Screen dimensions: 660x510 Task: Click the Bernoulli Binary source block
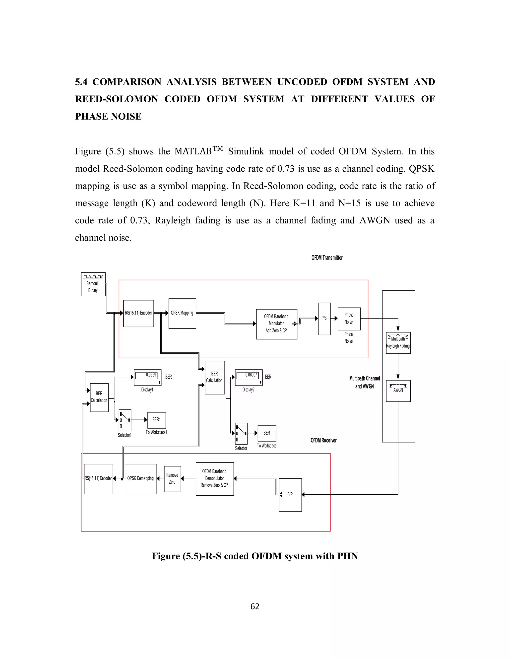(x=93, y=284)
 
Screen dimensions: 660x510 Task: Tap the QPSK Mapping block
(x=182, y=313)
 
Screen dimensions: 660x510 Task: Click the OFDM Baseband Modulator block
(x=276, y=324)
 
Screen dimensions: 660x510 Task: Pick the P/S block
(x=324, y=319)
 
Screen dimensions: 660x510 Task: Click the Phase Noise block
(x=349, y=319)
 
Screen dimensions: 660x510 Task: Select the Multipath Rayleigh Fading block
(x=398, y=343)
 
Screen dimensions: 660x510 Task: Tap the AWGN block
(x=398, y=391)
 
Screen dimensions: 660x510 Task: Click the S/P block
(x=290, y=495)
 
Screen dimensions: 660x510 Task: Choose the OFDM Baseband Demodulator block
(x=214, y=479)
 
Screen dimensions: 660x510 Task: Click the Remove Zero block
(x=172, y=479)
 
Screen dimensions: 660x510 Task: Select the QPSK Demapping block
(x=140, y=479)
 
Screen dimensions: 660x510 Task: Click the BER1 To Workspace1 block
(x=156, y=420)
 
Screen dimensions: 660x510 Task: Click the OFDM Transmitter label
(x=327, y=258)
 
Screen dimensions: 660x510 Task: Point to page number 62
(x=255, y=606)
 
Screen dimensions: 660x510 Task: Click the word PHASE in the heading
(x=93, y=116)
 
